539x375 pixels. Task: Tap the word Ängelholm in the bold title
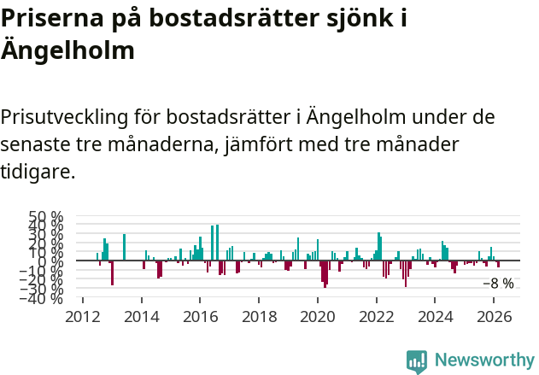(x=67, y=50)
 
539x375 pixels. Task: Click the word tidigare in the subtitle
(x=37, y=171)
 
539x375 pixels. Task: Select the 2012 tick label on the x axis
(x=82, y=315)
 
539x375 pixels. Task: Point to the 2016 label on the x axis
(x=200, y=315)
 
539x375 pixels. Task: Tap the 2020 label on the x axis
(x=317, y=315)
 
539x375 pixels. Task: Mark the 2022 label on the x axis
(x=376, y=315)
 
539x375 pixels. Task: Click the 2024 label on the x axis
(x=435, y=315)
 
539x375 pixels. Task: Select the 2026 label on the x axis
(x=493, y=315)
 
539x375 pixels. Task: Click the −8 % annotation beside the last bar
(x=498, y=284)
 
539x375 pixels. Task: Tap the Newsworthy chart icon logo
(x=417, y=361)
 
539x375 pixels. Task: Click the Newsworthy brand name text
(x=483, y=361)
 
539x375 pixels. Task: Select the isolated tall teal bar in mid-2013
(x=124, y=247)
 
